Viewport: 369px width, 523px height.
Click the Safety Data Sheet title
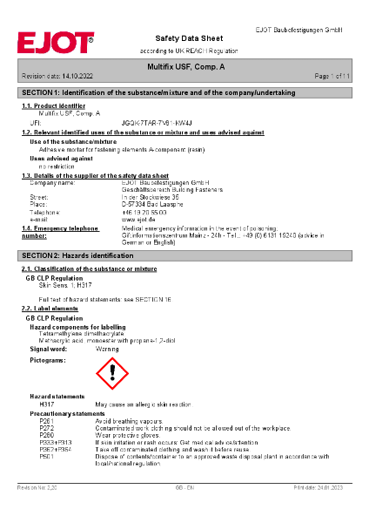[x=184, y=38]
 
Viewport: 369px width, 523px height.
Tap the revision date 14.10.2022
[x=74, y=77]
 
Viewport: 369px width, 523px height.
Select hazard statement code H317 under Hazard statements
[x=47, y=405]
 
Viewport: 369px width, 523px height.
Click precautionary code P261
[x=47, y=421]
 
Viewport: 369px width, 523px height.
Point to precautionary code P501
[x=47, y=455]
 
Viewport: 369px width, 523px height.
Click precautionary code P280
[x=47, y=433]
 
